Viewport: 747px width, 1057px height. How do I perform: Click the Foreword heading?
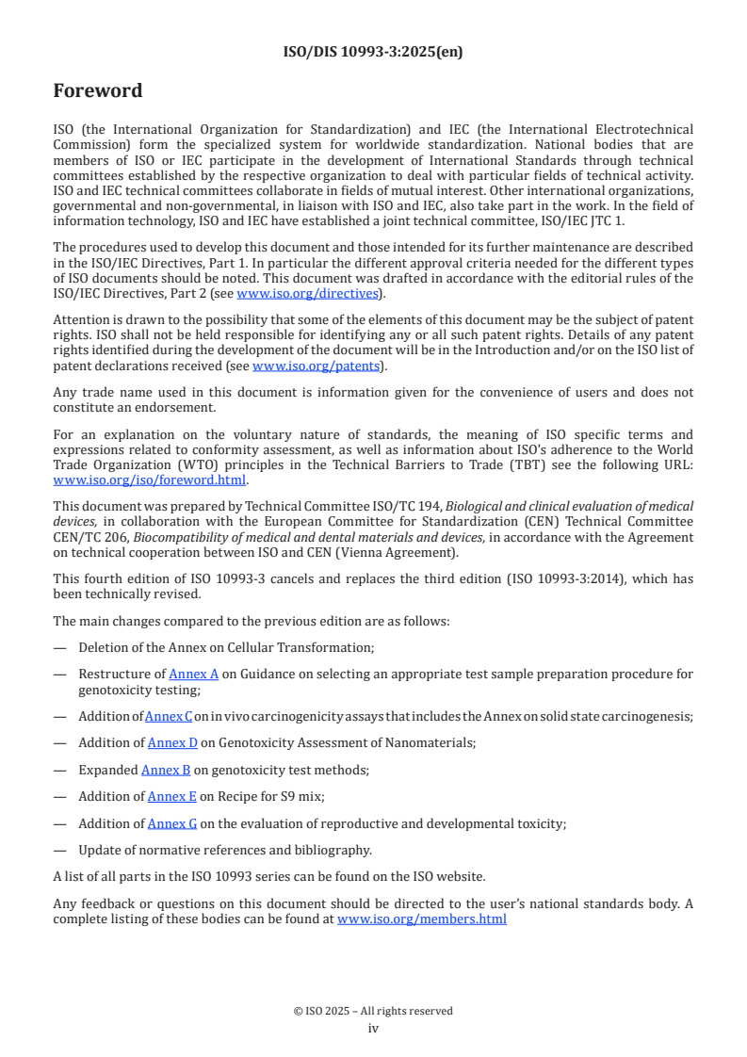(98, 90)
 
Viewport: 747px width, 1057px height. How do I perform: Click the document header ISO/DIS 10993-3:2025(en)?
(373, 52)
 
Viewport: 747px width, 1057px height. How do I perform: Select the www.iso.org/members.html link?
(421, 919)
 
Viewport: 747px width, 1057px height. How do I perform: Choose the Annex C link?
(169, 717)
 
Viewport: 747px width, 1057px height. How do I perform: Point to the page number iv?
(373, 1029)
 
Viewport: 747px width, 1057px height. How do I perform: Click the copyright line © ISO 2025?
(373, 1011)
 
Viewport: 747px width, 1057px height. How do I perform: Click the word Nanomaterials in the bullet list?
(431, 742)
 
